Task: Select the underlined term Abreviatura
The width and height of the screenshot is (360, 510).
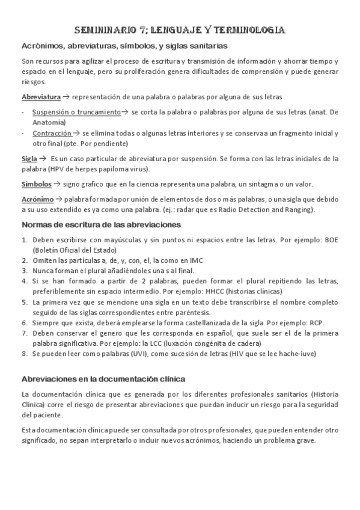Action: pos(41,96)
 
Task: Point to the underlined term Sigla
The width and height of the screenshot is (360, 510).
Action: pos(29,159)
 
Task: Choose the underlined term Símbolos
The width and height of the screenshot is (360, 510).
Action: pos(35,184)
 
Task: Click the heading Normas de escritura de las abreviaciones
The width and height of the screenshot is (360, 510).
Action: pos(102,224)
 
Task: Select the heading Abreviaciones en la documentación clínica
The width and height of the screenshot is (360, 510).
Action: pos(103,379)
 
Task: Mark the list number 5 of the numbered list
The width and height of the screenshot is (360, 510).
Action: pos(25,304)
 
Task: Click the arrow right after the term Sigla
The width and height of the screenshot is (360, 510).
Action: pos(43,159)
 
